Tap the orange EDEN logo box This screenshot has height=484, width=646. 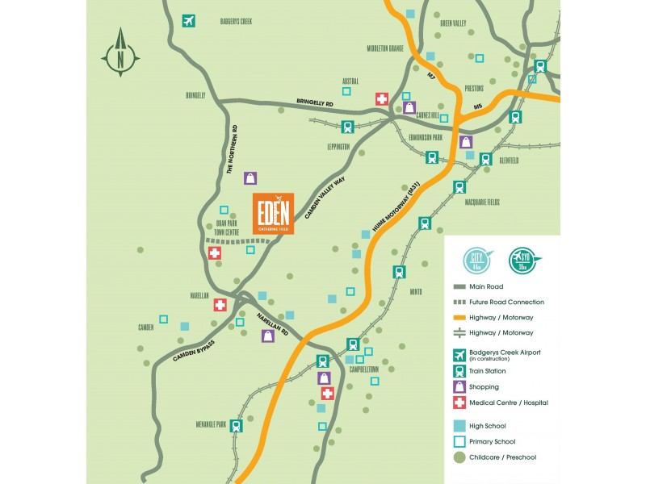tap(272, 214)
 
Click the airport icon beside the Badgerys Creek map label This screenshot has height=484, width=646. tap(189, 21)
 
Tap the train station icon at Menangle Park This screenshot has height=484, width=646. tap(236, 426)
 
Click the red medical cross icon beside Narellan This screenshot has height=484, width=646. tap(220, 305)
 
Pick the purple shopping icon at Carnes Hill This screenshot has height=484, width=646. tap(409, 106)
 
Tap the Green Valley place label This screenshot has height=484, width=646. tap(453, 23)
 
